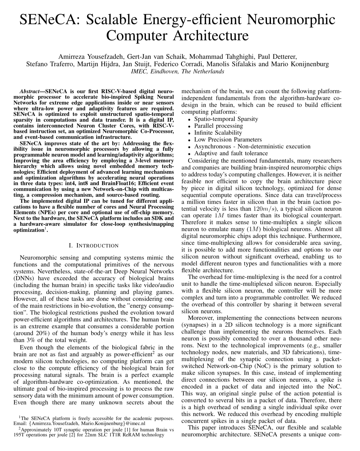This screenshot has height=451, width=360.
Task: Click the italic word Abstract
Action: [x=29, y=91]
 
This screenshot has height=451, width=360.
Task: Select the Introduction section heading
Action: [x=93, y=246]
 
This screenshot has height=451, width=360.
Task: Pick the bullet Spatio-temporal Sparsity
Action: [x=226, y=119]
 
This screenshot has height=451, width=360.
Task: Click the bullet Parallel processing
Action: [x=218, y=126]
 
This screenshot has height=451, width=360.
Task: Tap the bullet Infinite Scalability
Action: [x=218, y=133]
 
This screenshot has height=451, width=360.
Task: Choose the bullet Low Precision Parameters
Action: [x=228, y=140]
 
